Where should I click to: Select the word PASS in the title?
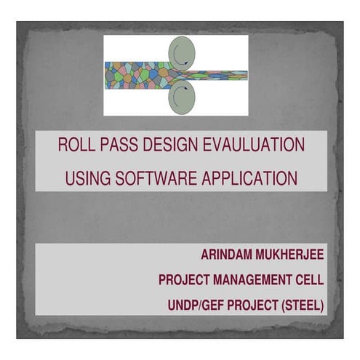click(117, 145)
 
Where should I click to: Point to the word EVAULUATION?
click(252, 145)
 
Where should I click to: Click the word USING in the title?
click(87, 177)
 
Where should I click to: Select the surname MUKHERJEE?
click(293, 256)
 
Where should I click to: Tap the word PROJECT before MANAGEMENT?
click(186, 279)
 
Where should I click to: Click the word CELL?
click(308, 279)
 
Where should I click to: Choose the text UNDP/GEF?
click(196, 303)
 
